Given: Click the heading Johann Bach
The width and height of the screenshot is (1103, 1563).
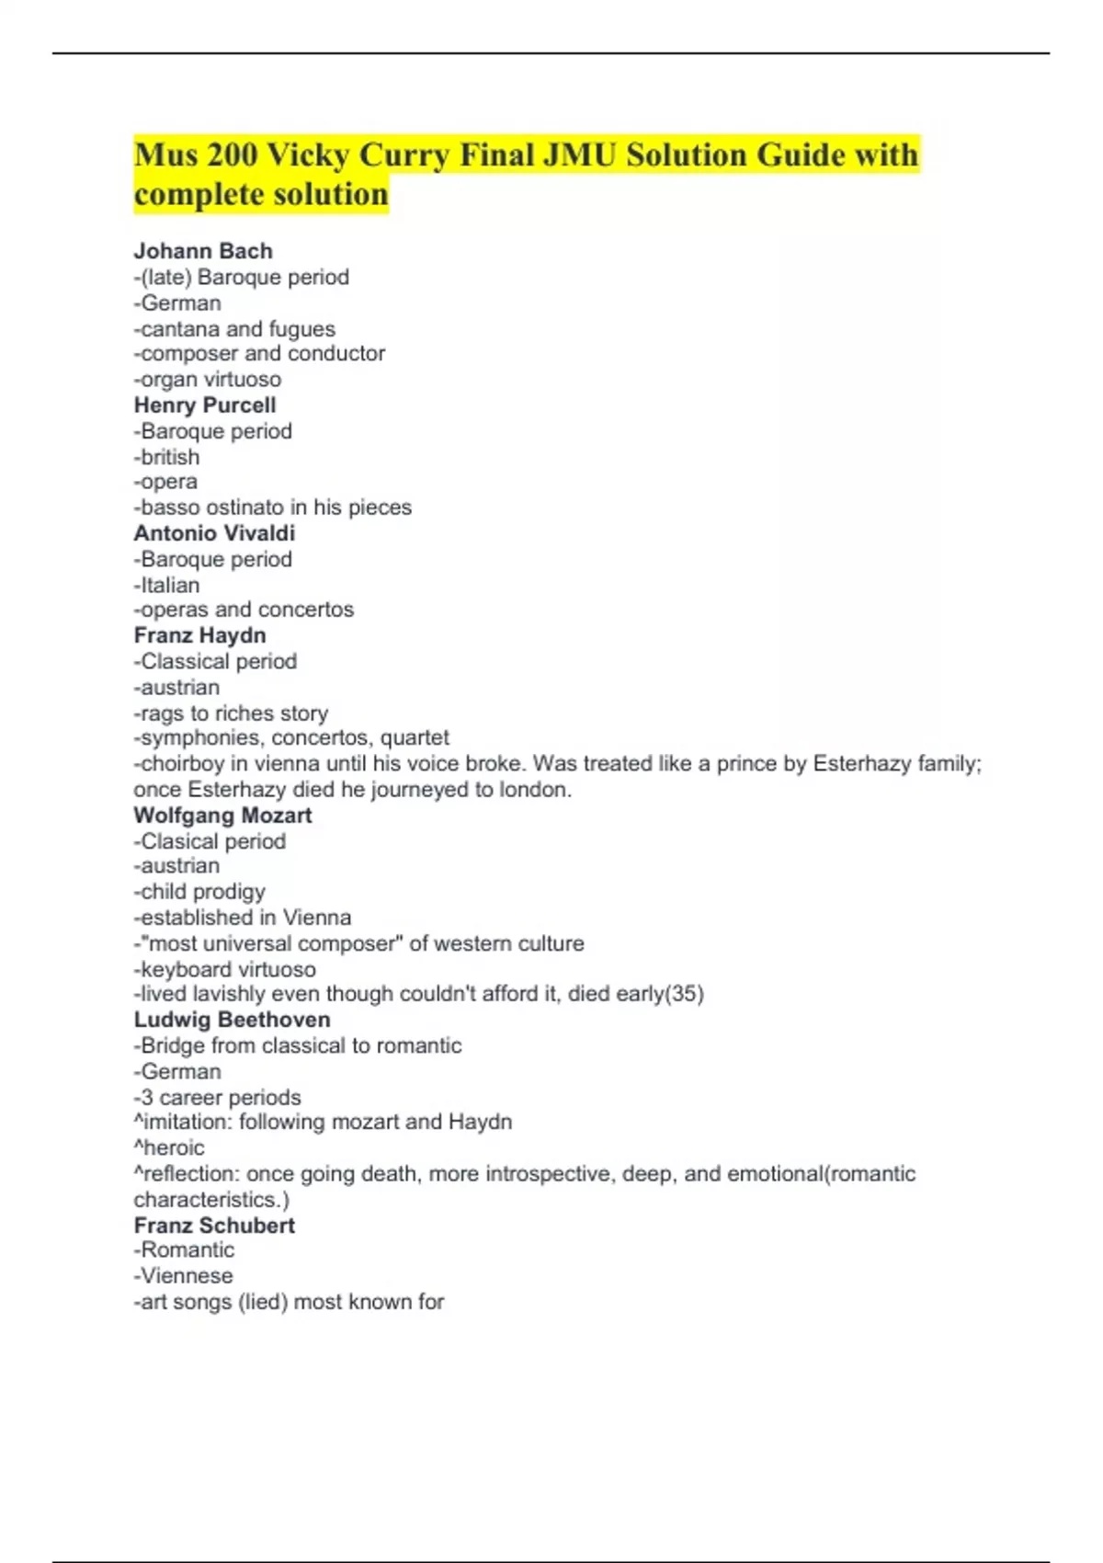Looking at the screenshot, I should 203,251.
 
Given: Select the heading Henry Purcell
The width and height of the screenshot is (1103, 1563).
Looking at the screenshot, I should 205,405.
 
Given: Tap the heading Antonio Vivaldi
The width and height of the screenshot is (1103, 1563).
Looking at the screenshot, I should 214,533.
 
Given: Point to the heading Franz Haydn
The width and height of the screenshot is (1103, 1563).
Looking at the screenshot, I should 199,635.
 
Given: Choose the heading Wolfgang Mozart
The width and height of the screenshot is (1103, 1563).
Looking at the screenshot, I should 222,816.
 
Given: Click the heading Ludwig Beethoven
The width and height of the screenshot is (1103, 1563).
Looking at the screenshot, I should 232,1020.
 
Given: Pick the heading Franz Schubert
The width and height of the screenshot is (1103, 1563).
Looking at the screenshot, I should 214,1226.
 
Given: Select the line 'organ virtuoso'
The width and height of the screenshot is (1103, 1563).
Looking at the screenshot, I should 208,379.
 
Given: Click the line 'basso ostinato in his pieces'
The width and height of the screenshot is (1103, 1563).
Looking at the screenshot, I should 273,508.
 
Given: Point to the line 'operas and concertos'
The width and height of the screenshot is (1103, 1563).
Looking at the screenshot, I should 244,610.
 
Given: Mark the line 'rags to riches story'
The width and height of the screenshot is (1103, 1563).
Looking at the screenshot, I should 231,713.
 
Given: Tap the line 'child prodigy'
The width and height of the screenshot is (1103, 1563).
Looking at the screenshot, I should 199,892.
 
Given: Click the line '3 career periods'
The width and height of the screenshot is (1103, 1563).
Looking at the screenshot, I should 218,1098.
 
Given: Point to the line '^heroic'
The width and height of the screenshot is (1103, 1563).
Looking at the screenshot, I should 169,1147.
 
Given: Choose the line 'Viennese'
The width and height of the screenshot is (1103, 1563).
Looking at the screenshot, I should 184,1276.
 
